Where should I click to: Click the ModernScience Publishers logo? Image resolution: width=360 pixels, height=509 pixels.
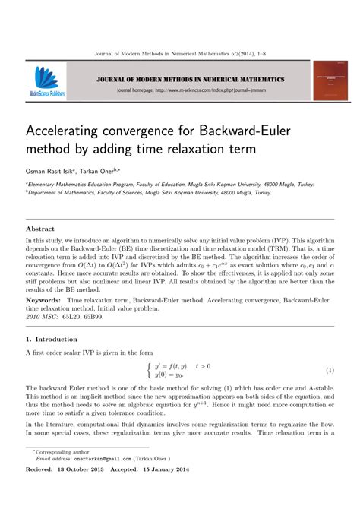[x=48, y=83]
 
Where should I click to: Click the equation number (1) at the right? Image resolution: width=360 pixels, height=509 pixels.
[x=330, y=370]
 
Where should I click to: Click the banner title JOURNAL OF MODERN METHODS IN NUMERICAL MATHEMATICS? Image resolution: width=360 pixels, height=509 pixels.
[x=190, y=79]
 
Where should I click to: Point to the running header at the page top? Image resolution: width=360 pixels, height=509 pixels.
[x=179, y=54]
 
